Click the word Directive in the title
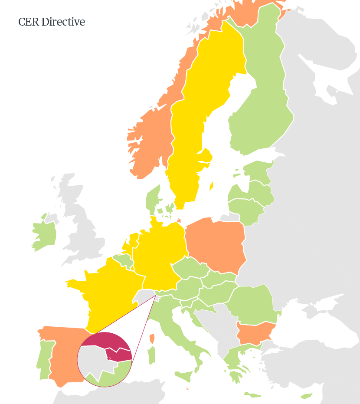click(x=63, y=22)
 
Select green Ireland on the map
click(x=46, y=234)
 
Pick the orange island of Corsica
click(x=152, y=338)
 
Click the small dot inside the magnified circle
click(x=108, y=358)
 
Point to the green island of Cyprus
click(x=307, y=396)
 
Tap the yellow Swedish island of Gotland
click(x=211, y=186)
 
